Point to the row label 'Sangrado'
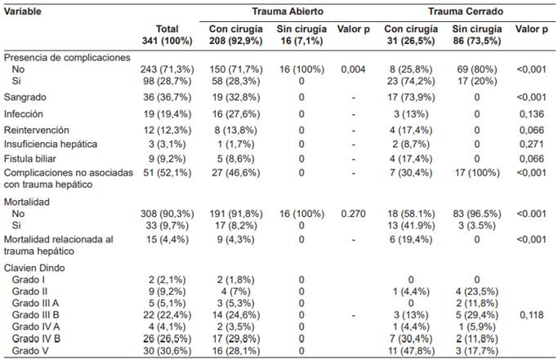click(x=25, y=98)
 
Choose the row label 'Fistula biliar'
click(x=33, y=158)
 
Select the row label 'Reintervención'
click(x=36, y=129)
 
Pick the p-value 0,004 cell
click(x=355, y=70)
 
